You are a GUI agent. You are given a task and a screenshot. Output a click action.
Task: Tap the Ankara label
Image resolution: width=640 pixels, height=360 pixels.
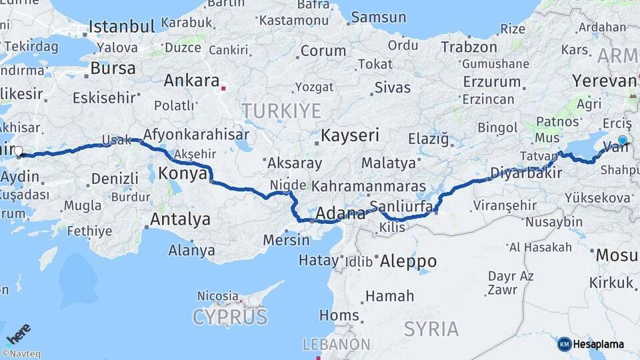191,81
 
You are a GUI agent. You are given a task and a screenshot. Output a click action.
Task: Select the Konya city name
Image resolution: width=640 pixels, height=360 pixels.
183,174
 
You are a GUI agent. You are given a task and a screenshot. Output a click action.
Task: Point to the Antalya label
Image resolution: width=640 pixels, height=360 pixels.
180,219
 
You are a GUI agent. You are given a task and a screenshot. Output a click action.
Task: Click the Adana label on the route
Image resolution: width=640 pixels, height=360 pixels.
340,214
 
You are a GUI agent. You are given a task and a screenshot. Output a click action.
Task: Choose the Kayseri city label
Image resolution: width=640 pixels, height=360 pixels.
350,135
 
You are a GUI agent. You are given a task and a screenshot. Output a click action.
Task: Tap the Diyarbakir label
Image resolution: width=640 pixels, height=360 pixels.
523,174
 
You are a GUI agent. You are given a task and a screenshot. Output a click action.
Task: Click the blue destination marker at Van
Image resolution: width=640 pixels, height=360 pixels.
622,140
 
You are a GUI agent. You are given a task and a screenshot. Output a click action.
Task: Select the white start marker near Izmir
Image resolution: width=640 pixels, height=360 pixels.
18,151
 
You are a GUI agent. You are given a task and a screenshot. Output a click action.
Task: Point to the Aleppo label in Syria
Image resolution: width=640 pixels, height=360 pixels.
407,261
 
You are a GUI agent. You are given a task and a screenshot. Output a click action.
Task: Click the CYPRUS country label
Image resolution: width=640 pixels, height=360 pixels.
230,316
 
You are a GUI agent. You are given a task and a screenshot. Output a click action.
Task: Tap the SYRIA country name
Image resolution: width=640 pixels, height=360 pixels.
431,329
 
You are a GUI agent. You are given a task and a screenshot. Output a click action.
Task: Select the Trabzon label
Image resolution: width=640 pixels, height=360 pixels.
469,47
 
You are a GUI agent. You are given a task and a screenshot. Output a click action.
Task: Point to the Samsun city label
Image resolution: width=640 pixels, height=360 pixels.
378,17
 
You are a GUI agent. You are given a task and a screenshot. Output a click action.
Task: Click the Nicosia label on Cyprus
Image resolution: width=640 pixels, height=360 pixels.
217,295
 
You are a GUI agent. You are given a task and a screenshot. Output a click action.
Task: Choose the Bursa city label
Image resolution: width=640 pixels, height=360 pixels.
113,68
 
